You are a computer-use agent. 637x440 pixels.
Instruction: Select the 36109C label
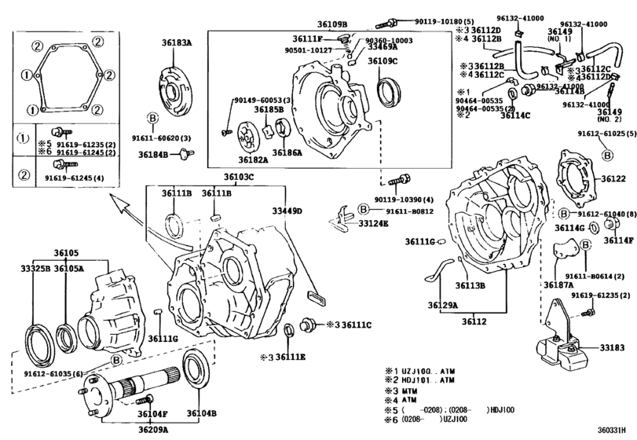click(383, 60)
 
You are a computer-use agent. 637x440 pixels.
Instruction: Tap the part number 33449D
click(287, 211)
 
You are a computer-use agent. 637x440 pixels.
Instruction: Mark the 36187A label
click(559, 284)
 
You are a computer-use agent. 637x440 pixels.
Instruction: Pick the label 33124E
click(374, 223)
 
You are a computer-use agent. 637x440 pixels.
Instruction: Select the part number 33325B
click(36, 268)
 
